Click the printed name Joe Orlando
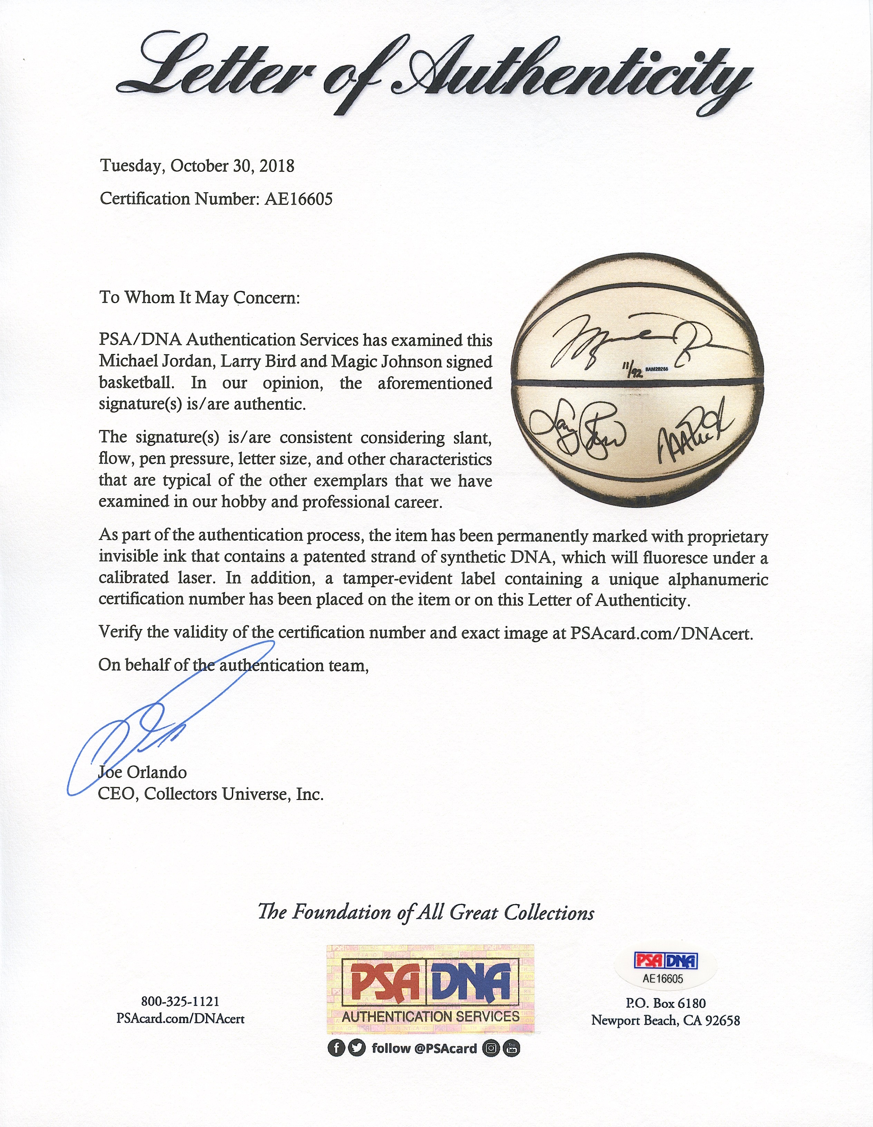tap(142, 773)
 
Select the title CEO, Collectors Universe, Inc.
tap(211, 794)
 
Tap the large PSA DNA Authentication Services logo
tap(430, 989)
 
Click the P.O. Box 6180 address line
tap(665, 1003)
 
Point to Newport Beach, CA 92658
tap(665, 1020)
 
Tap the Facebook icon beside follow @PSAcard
tap(336, 1048)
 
